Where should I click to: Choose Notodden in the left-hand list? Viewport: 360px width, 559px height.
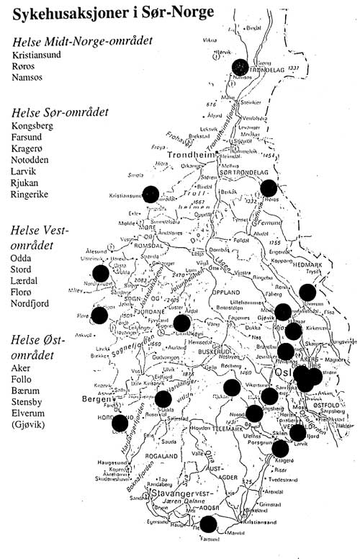(x=35, y=164)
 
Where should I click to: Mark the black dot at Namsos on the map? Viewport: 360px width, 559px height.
(x=241, y=66)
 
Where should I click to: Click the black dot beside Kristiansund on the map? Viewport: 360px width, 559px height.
(x=150, y=193)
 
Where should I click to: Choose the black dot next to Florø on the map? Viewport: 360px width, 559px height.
(x=99, y=314)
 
